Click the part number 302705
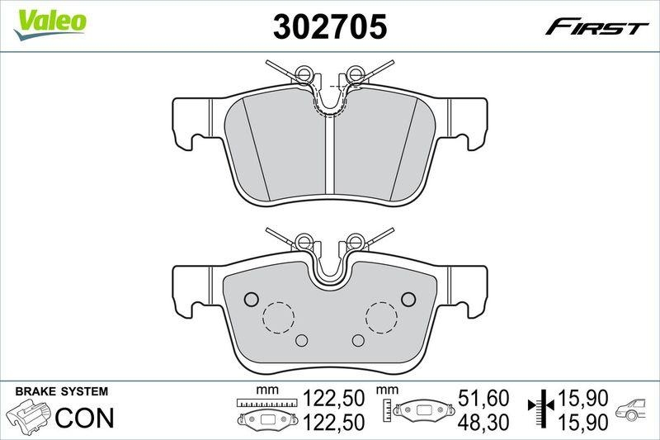tap(330, 27)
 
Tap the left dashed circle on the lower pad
tap(278, 316)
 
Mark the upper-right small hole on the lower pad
tap(407, 298)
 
